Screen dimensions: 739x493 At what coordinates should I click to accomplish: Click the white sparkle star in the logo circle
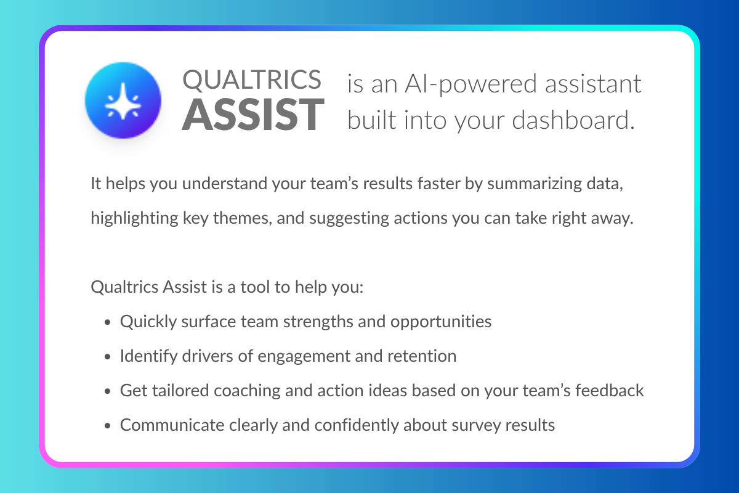click(x=123, y=101)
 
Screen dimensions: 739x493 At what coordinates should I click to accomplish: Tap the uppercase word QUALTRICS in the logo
click(x=252, y=79)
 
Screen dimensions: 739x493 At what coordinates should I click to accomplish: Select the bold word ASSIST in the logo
click(x=253, y=115)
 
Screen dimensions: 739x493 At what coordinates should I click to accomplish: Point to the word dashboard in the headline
click(x=573, y=120)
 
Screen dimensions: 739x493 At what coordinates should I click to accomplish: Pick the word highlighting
click(x=135, y=219)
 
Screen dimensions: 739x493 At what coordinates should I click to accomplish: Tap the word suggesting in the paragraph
click(x=349, y=219)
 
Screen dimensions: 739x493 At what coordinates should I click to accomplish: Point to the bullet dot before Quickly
click(x=107, y=322)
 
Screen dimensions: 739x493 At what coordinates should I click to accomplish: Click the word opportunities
click(x=441, y=322)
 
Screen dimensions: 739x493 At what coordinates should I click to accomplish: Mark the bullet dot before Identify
click(x=107, y=357)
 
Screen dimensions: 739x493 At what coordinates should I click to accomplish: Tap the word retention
click(x=422, y=356)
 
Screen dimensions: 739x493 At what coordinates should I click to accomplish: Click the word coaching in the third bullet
click(x=247, y=391)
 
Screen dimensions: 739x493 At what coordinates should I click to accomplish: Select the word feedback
click(x=610, y=390)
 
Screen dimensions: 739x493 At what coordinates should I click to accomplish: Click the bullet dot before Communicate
click(x=107, y=426)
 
